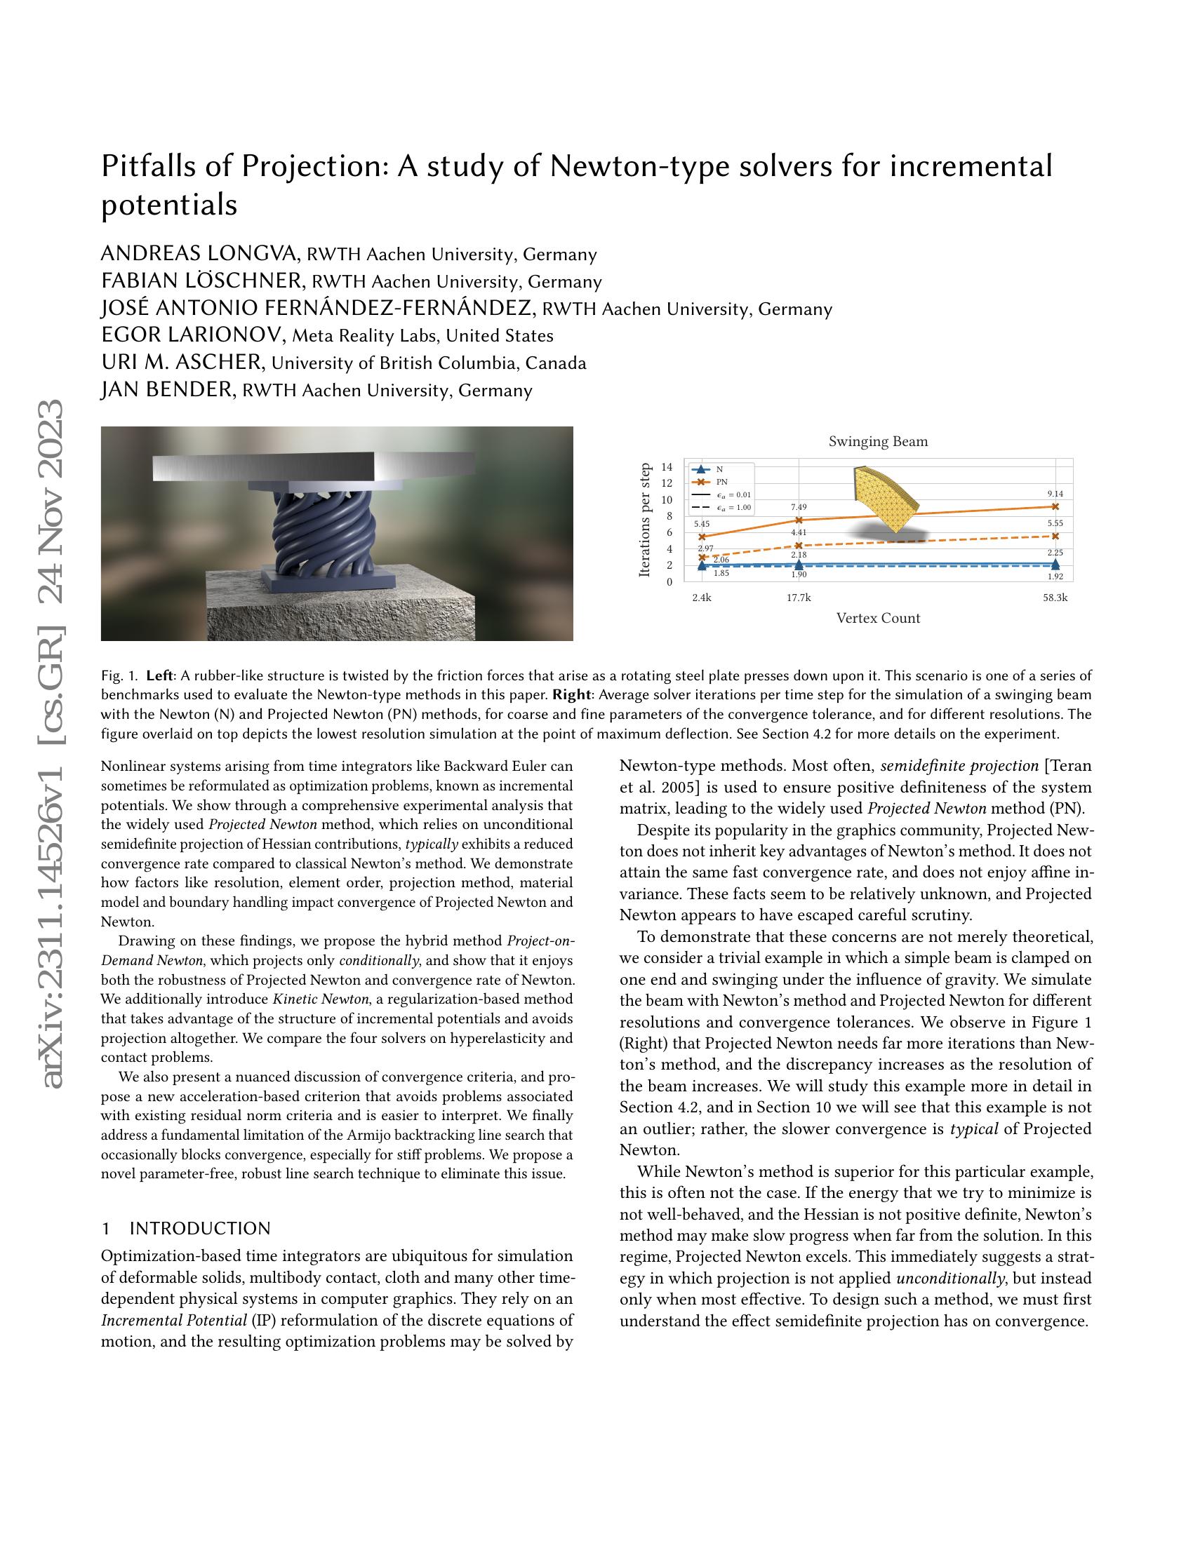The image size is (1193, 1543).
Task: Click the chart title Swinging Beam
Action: tap(878, 442)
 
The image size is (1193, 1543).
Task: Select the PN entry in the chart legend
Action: tap(721, 482)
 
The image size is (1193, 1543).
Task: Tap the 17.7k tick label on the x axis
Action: tap(799, 598)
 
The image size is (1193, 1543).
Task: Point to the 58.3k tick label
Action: tap(1055, 598)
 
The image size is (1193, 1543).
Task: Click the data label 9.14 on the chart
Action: tap(1055, 494)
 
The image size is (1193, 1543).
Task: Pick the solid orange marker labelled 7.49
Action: tap(799, 520)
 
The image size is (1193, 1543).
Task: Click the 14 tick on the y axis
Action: tap(667, 467)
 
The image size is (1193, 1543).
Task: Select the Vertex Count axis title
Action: tap(878, 618)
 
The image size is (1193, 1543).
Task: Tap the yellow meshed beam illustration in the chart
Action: tap(884, 498)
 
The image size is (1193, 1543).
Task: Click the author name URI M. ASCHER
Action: tap(182, 363)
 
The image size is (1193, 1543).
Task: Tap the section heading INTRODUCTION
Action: tap(200, 1229)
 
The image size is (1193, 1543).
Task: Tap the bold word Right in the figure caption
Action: tap(571, 694)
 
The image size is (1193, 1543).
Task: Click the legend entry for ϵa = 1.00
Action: tap(733, 507)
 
